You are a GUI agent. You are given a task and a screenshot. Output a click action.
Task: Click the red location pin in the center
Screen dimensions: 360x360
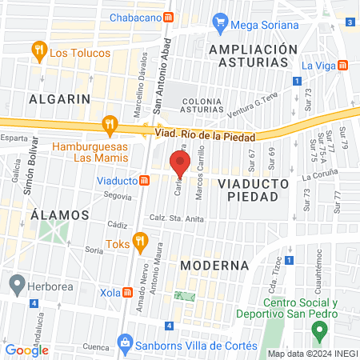point(180,163)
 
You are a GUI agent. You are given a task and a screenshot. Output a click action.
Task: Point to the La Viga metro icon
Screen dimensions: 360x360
point(342,65)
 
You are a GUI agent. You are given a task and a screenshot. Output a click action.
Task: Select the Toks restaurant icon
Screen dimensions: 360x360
point(141,240)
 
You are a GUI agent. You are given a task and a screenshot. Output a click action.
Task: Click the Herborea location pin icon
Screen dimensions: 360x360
point(16,283)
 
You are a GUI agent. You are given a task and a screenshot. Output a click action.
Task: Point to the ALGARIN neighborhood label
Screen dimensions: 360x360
point(58,98)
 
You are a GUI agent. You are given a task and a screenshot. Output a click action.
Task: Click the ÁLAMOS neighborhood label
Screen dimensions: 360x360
point(60,215)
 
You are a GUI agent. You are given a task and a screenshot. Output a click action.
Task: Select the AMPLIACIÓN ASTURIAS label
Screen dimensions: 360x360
point(247,55)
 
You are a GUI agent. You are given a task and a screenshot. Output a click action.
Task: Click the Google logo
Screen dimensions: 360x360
point(27,350)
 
